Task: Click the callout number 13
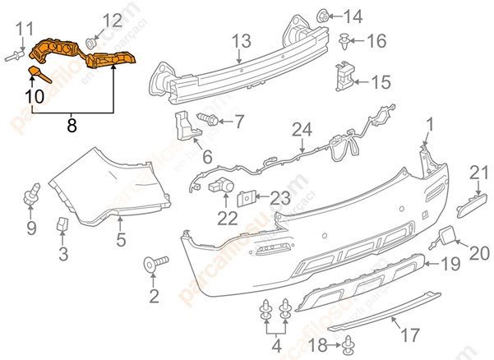pyautogui.click(x=240, y=40)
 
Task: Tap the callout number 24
pyautogui.click(x=302, y=129)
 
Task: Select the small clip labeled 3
pyautogui.click(x=62, y=224)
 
